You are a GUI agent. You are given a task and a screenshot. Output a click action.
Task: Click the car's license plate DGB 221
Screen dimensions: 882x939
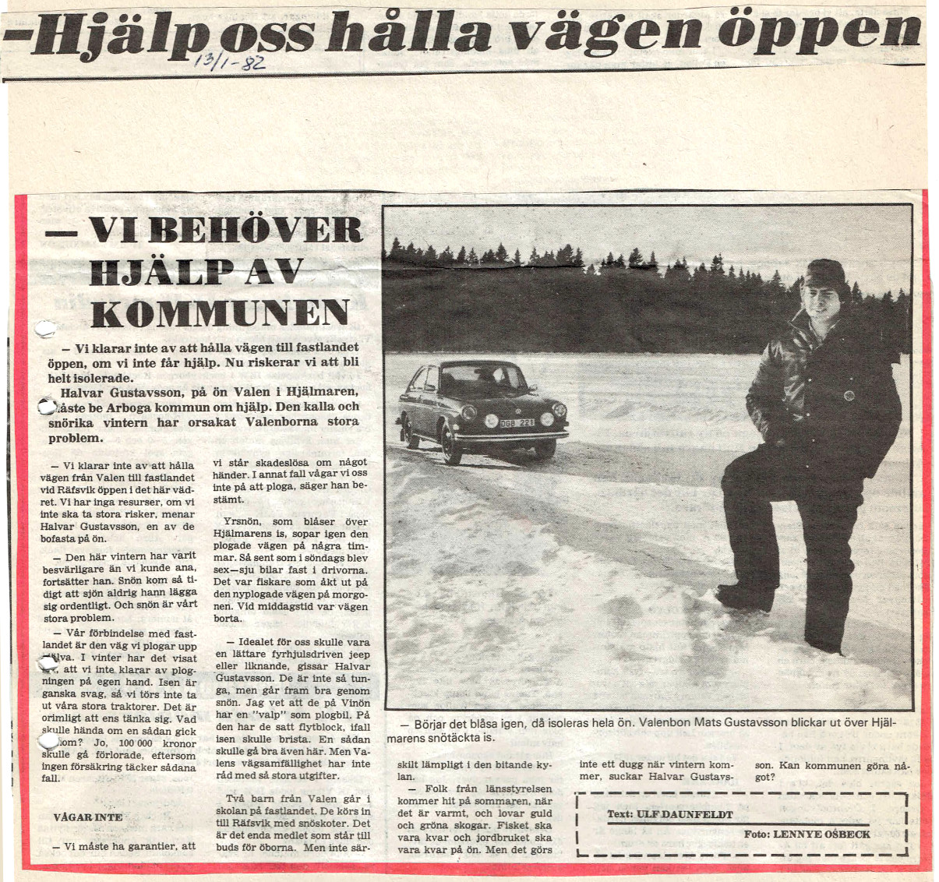(x=517, y=422)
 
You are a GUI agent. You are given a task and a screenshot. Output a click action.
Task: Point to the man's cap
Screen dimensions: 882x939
(x=826, y=275)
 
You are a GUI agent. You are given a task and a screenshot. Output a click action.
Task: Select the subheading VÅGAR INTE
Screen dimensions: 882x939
(x=88, y=817)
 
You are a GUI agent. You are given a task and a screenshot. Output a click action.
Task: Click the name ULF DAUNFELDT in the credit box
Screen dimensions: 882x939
(x=685, y=814)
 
